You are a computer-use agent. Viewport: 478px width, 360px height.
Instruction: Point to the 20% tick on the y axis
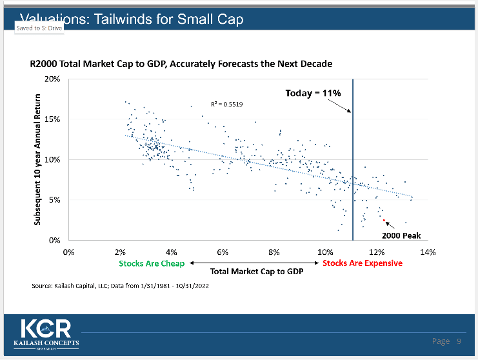coord(52,79)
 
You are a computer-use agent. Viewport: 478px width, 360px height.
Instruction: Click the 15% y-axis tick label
coord(52,119)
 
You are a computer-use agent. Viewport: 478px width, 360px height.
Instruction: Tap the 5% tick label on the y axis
coord(54,200)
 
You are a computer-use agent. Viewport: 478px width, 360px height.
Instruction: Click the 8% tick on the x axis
coord(274,252)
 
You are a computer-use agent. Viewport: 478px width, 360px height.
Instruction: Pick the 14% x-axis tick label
coord(428,252)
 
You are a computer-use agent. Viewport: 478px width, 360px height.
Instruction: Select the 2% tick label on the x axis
coord(120,252)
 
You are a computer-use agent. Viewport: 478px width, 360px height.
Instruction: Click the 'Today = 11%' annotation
coord(313,94)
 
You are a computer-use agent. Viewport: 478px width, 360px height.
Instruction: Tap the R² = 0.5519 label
coord(227,104)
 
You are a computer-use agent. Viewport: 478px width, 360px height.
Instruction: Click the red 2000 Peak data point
coord(383,220)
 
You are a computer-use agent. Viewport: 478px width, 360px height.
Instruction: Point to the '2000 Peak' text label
coord(401,235)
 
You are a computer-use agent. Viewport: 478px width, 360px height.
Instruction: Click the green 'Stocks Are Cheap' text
coord(152,263)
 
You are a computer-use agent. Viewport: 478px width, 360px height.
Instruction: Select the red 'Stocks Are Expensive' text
coord(363,263)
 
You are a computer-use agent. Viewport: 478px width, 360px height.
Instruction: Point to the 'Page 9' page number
coord(446,341)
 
